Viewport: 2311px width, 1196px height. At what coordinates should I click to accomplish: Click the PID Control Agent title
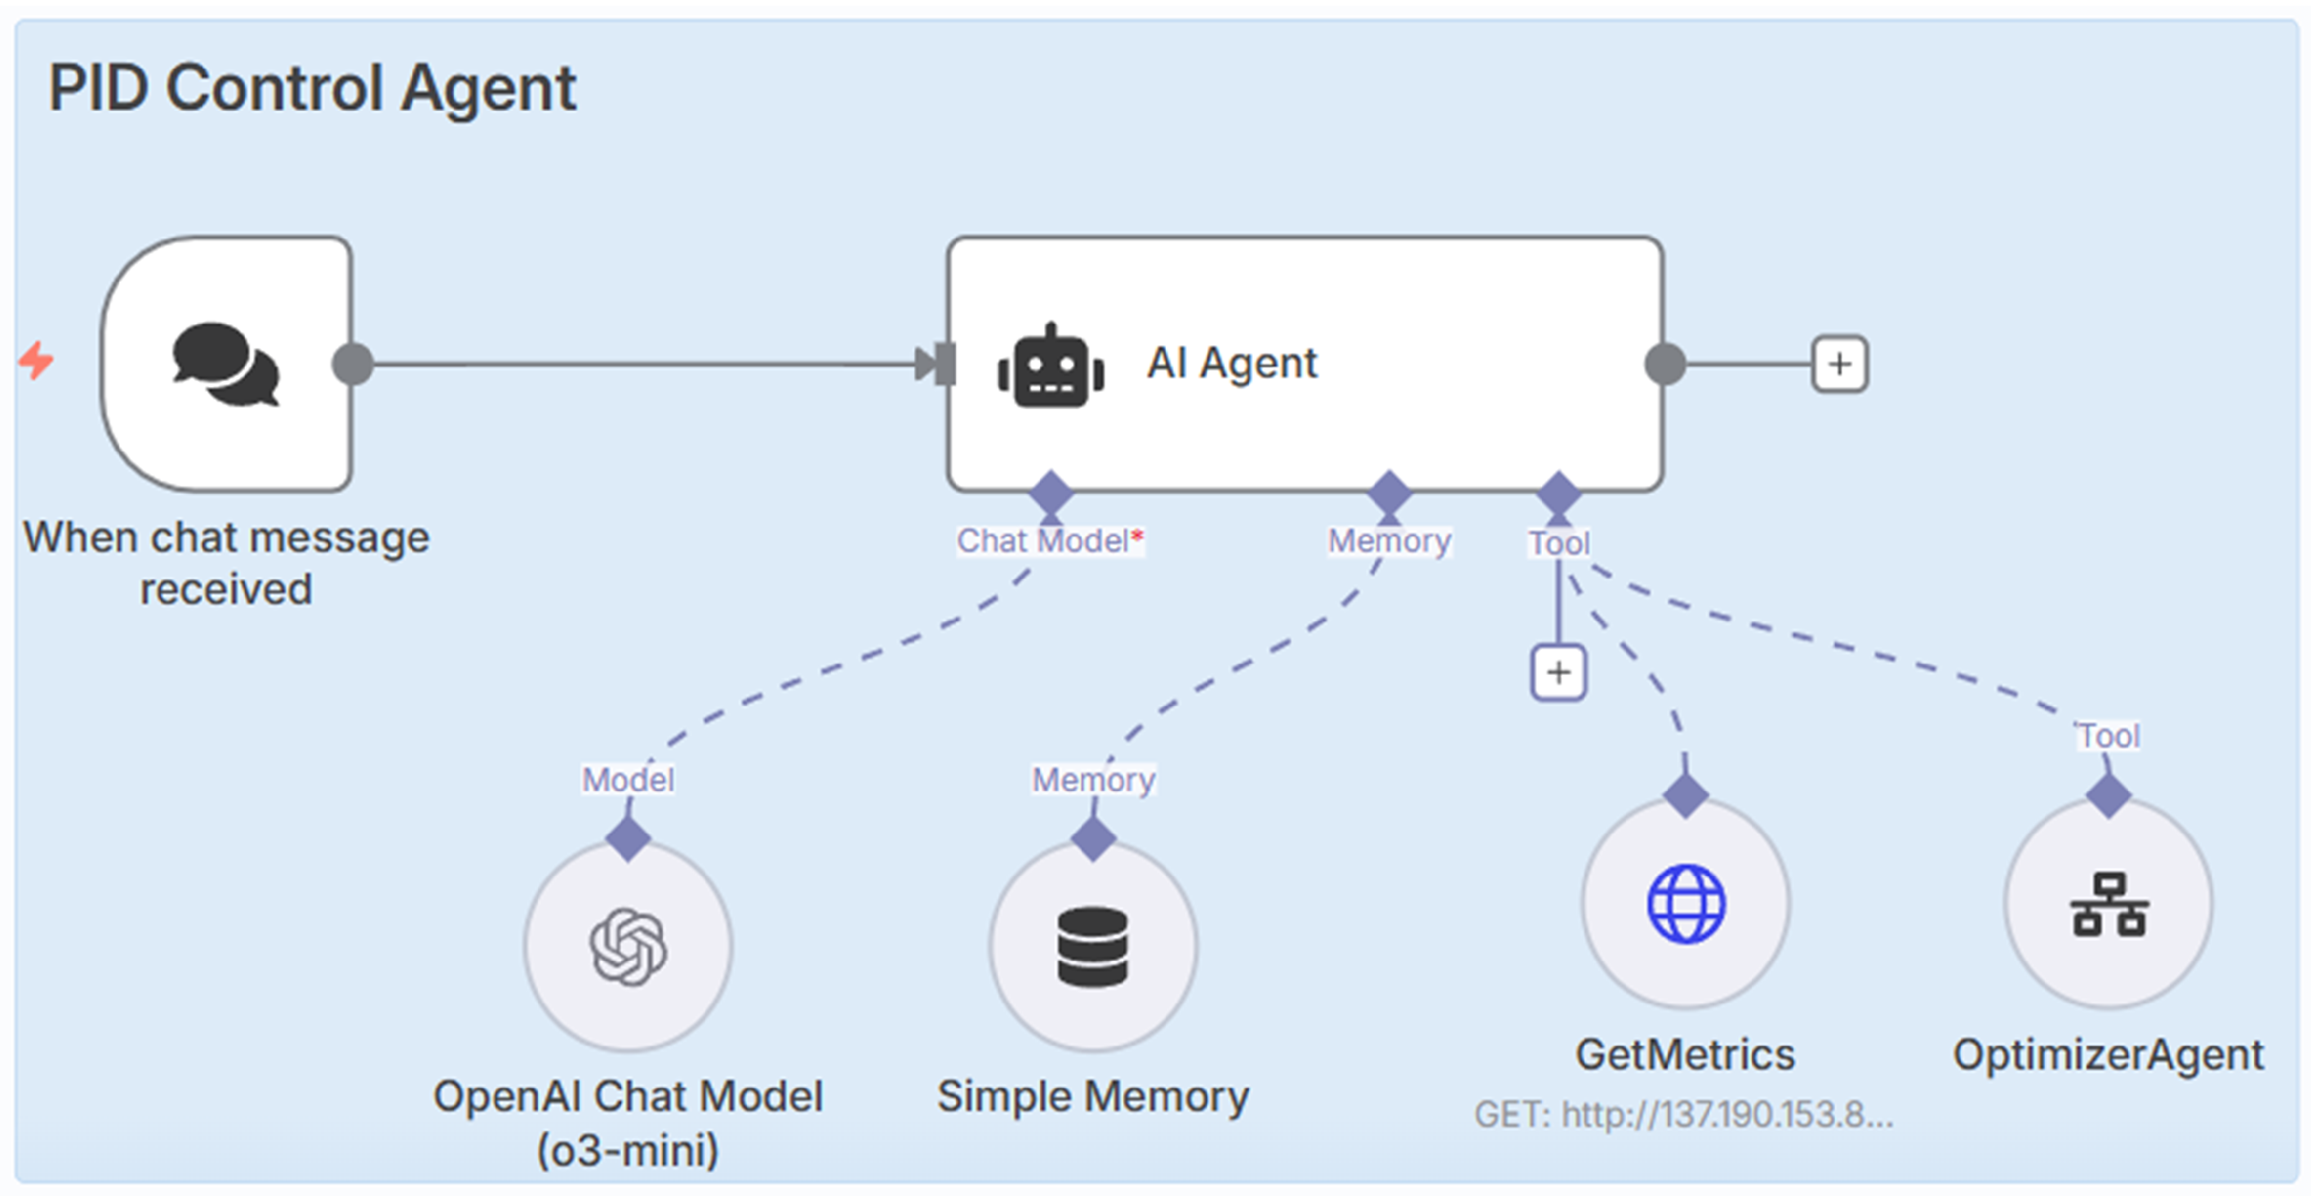point(311,88)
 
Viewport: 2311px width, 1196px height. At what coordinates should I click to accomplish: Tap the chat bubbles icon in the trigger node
point(225,364)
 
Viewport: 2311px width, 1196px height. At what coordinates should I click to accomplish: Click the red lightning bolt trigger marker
point(37,360)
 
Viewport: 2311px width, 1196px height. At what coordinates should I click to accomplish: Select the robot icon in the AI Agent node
point(1051,366)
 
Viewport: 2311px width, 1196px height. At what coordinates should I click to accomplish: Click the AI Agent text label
point(1232,363)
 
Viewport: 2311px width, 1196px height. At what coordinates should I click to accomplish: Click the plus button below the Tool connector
point(1558,672)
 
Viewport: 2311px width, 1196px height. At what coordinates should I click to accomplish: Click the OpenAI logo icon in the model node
point(628,946)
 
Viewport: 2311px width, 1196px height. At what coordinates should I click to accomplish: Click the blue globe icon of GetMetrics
point(1686,904)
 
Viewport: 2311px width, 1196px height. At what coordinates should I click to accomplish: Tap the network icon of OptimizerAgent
point(2109,905)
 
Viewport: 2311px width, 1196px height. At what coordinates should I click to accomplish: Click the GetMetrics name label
point(1685,1054)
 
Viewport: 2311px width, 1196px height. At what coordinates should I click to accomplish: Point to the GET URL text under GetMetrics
point(1683,1114)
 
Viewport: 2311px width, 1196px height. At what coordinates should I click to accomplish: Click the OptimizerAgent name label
point(2109,1054)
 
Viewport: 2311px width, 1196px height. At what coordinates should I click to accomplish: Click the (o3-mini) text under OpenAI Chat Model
point(628,1149)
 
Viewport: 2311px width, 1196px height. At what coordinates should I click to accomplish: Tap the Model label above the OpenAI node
point(628,779)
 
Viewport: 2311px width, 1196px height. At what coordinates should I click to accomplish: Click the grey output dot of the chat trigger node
point(353,364)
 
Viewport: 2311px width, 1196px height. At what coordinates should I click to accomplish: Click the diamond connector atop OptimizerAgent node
point(2108,795)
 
